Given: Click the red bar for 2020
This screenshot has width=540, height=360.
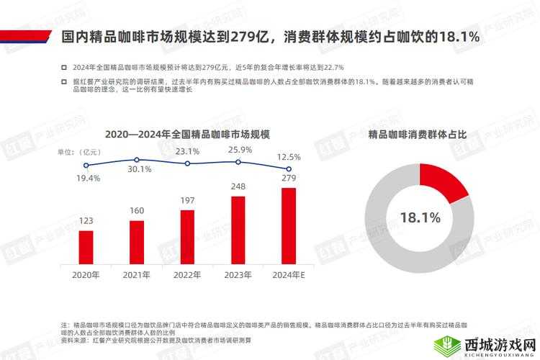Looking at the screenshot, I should (86, 247).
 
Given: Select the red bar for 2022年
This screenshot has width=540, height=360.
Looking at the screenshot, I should (187, 237).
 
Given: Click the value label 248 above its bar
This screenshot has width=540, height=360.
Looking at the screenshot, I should (238, 186).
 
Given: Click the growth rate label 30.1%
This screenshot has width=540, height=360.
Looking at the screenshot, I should (139, 169).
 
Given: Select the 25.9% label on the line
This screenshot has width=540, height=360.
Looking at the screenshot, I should (240, 150).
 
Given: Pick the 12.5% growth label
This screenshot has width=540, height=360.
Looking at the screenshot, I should (289, 157).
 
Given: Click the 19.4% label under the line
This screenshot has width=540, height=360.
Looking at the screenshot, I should (88, 178).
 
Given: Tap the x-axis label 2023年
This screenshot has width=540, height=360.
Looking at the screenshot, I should (238, 275).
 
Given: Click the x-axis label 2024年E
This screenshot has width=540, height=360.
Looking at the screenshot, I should (289, 275).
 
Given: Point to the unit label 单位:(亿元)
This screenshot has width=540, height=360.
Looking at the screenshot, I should (80, 152).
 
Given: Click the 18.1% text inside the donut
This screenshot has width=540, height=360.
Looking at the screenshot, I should (420, 217).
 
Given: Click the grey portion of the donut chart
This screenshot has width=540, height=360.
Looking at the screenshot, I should (403, 252).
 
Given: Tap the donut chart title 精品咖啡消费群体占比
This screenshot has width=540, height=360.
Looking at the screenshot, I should (418, 135).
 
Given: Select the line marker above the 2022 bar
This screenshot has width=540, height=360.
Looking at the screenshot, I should (187, 163).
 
